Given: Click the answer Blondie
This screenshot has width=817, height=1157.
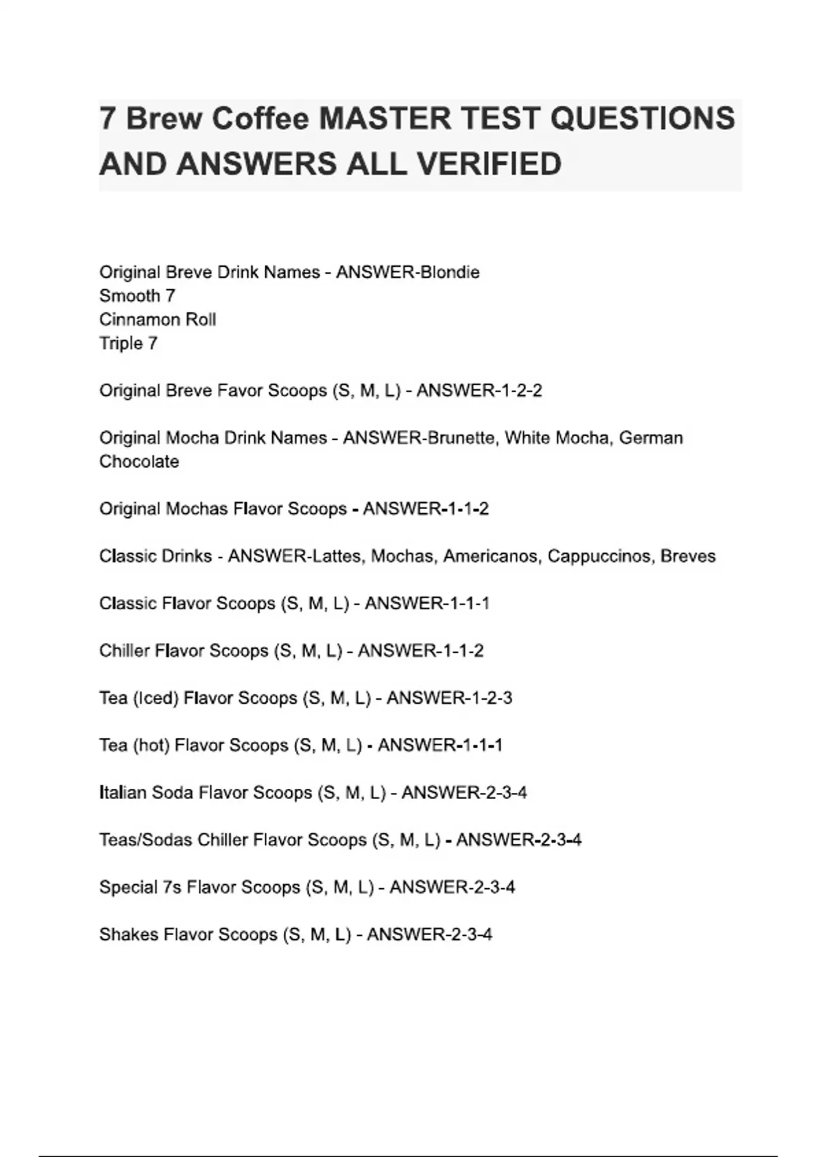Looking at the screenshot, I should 450,272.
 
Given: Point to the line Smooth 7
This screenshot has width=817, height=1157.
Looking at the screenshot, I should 137,296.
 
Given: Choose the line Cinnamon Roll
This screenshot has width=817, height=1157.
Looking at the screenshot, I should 157,320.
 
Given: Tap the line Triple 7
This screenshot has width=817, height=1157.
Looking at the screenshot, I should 128,344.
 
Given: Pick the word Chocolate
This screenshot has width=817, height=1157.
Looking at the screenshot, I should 139,461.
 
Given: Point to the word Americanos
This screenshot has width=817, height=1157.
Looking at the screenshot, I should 492,556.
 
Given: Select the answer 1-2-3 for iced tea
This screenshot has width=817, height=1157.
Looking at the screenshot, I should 489,698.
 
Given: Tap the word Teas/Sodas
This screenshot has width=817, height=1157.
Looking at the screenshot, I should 146,840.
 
